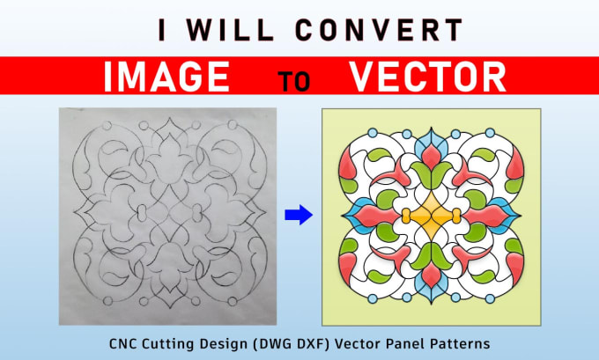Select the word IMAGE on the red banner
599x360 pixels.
click(x=167, y=77)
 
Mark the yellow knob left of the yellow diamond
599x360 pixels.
click(x=406, y=216)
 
